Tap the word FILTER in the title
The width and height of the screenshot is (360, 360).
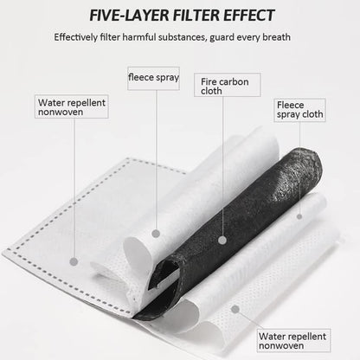[x=196, y=16]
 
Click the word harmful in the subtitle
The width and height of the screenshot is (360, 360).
[x=139, y=37]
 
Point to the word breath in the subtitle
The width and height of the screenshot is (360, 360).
[x=276, y=37]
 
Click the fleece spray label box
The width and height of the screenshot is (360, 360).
[x=153, y=79]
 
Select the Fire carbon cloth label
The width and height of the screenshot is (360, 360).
[x=228, y=85]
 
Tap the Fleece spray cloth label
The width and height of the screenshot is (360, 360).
[x=299, y=110]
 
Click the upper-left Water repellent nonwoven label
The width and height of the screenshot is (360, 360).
[x=72, y=106]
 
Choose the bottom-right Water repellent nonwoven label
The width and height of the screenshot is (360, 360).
[x=293, y=341]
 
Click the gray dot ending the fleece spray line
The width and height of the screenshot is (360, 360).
[x=156, y=234]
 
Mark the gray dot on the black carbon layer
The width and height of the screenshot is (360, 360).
[x=222, y=240]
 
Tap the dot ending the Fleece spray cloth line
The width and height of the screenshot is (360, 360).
[x=299, y=216]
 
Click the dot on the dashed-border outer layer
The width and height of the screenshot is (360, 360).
[x=74, y=261]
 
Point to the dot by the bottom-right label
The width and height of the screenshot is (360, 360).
[x=235, y=310]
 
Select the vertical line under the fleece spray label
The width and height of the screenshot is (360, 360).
[x=157, y=159]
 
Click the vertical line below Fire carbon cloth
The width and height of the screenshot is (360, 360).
[x=222, y=166]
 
